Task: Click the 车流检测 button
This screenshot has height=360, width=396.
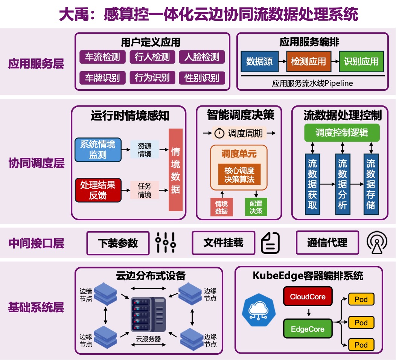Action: [102, 57]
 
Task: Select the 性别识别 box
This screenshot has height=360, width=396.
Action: [202, 78]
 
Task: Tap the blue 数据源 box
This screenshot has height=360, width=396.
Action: [259, 61]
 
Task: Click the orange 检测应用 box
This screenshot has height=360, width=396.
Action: [308, 61]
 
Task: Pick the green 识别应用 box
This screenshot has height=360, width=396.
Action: [361, 61]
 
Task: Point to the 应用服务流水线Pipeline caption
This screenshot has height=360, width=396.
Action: [312, 83]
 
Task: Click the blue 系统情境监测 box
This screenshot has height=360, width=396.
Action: [98, 149]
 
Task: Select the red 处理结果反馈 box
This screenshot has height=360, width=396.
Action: [98, 190]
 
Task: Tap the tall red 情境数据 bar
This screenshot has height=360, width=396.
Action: [175, 170]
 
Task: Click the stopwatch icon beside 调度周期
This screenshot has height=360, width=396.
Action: [219, 133]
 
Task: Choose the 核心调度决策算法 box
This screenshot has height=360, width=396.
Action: [239, 175]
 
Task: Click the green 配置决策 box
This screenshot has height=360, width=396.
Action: [256, 207]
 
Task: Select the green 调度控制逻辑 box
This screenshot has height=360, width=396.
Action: [342, 133]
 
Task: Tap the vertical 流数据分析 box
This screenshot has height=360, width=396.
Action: [342, 184]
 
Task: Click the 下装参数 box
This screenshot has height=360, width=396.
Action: [118, 243]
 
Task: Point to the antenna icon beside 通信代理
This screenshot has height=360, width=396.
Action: [377, 243]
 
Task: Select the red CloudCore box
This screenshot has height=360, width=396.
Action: [308, 297]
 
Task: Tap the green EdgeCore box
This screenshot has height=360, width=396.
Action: [308, 329]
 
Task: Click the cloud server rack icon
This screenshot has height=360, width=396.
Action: [148, 314]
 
